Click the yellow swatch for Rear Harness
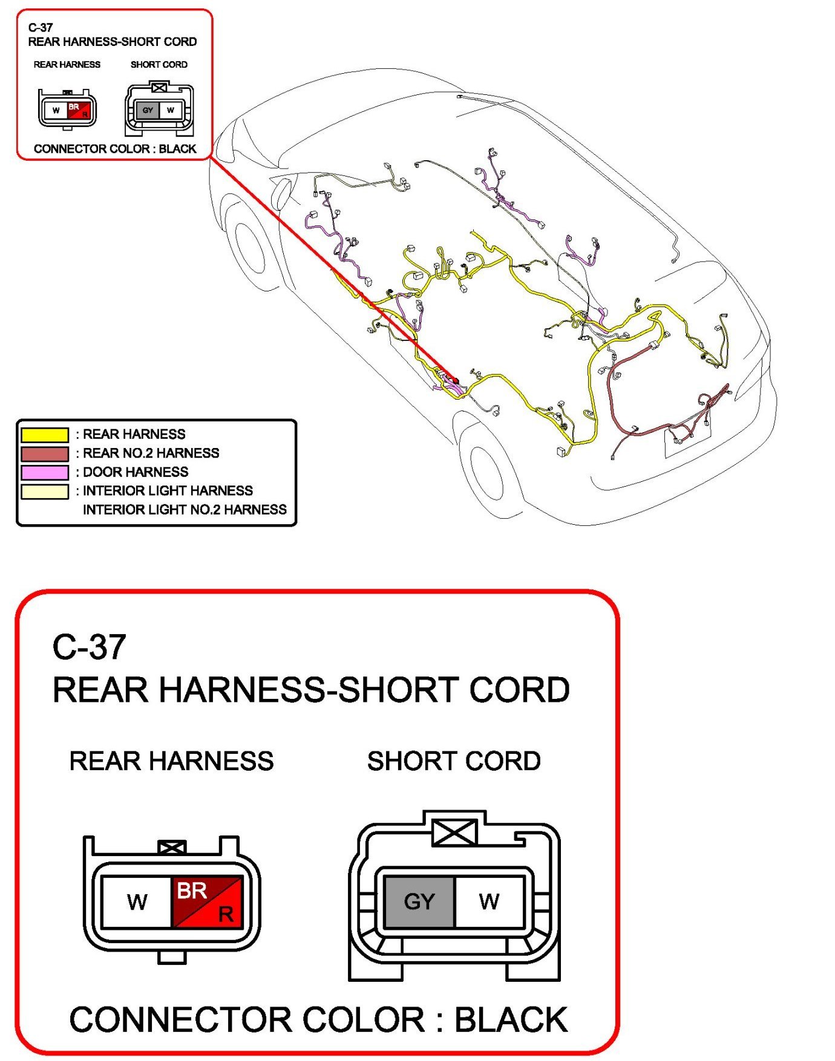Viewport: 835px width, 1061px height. pos(45,435)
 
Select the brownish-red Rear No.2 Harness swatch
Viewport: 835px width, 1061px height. pos(45,453)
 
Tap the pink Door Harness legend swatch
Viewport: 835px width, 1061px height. pos(45,472)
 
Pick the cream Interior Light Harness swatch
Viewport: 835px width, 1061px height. pos(45,491)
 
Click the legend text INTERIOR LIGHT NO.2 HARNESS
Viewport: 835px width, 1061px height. pos(185,510)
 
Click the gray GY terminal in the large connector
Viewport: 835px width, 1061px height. pos(419,901)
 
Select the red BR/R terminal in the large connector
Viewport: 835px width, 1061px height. pos(208,901)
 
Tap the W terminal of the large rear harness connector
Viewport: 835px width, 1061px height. pos(137,901)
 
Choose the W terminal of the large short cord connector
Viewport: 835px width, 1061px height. pos(489,901)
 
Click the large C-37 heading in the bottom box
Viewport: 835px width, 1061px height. pos(90,647)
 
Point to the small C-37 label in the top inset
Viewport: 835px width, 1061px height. pos(41,27)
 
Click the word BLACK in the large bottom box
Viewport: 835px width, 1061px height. pos(511,1020)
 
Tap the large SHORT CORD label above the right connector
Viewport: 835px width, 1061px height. pos(454,761)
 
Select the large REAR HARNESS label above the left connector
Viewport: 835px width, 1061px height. pos(171,761)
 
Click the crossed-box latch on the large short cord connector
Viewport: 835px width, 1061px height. pos(455,834)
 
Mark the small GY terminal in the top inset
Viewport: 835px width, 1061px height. pos(148,110)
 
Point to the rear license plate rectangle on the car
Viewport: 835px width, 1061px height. pos(688,440)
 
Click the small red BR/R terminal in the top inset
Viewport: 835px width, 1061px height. pos(79,110)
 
